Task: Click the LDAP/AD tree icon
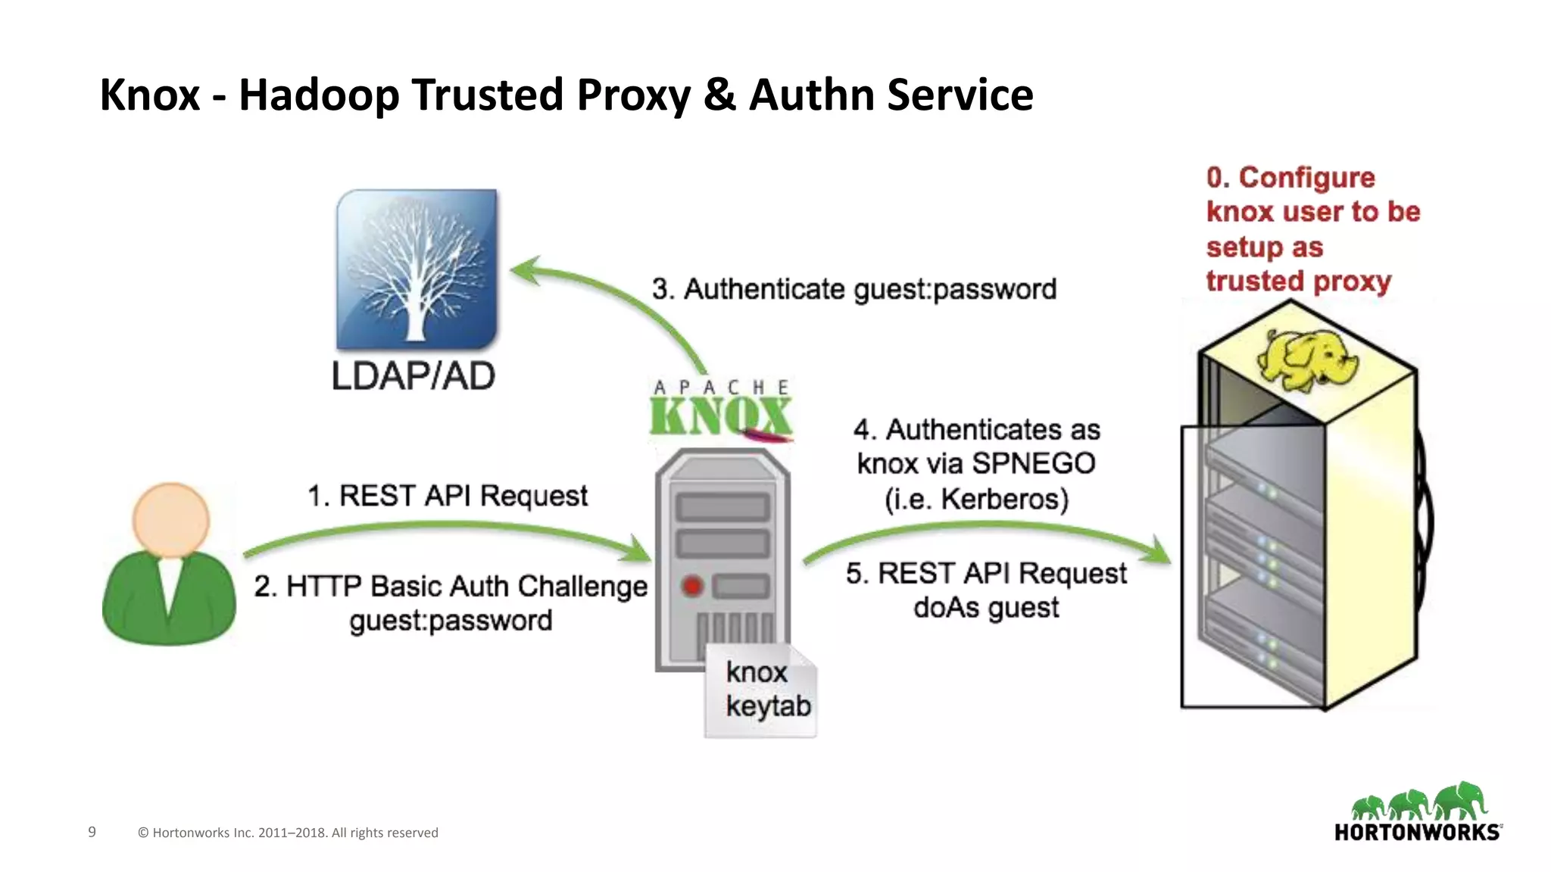coord(417,269)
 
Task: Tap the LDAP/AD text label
coord(413,376)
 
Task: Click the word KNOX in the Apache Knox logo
coord(719,417)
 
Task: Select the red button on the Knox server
coord(692,586)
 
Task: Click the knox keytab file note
coord(761,690)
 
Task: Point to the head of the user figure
coord(170,519)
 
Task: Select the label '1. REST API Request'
coord(447,496)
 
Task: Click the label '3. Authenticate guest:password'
coord(854,289)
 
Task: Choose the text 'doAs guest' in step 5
coord(986,607)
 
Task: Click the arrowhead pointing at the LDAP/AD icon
coord(526,271)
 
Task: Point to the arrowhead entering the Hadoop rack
coord(1159,551)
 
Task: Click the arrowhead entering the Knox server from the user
coord(638,550)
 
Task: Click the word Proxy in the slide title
coord(633,95)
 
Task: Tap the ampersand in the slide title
coord(719,95)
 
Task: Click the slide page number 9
coord(92,832)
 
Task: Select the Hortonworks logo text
coord(1417,833)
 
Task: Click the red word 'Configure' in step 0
coord(1306,178)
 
